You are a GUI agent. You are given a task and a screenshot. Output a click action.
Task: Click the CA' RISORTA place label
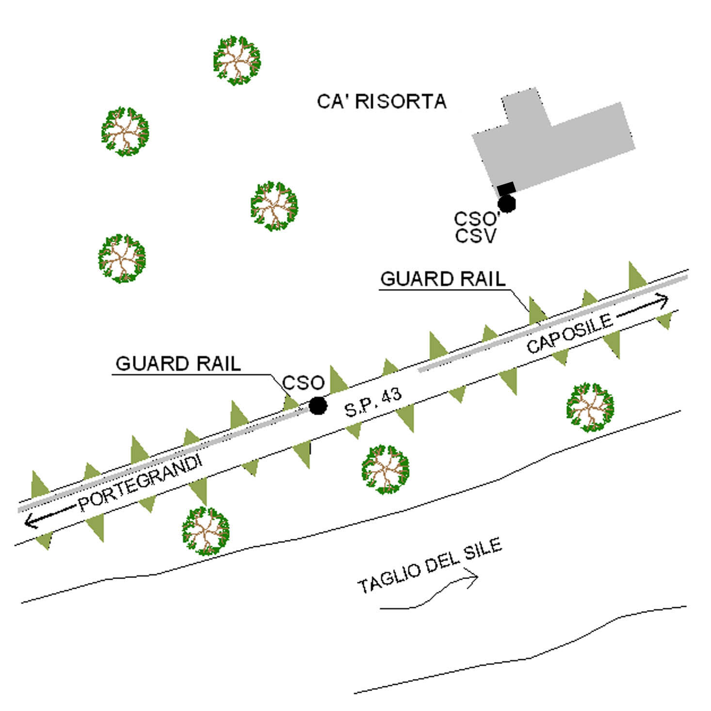click(381, 102)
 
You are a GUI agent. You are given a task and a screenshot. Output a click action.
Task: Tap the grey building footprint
click(558, 141)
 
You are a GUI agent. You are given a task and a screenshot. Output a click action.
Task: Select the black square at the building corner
click(506, 188)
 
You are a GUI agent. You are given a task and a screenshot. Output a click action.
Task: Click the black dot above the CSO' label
click(507, 204)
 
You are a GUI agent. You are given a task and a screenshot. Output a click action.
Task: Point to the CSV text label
click(476, 236)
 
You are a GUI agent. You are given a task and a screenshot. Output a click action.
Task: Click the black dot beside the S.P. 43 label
click(318, 405)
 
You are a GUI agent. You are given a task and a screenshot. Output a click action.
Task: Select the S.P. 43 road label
click(373, 402)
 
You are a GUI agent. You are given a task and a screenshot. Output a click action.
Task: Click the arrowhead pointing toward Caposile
click(663, 301)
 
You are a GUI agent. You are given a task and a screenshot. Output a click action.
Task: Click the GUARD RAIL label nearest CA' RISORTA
click(443, 279)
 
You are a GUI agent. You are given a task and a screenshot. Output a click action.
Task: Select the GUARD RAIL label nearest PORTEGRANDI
click(178, 363)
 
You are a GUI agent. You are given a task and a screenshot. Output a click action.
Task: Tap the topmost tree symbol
click(237, 60)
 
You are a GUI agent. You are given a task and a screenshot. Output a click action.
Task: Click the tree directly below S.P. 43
click(385, 469)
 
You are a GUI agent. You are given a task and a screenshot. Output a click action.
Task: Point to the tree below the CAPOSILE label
click(590, 407)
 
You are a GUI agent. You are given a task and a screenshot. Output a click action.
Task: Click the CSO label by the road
click(303, 383)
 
